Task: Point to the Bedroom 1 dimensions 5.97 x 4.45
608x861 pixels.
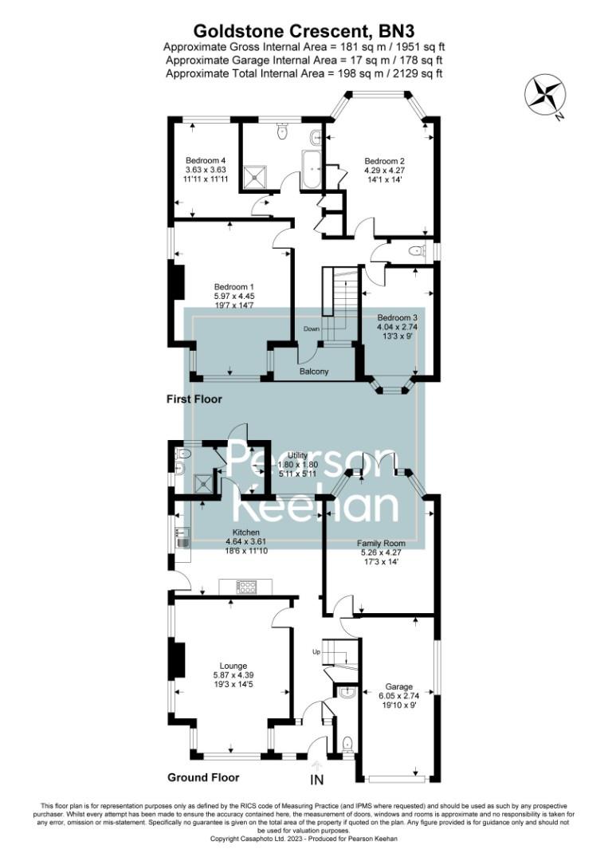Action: click(233, 296)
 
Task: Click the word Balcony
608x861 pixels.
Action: click(315, 372)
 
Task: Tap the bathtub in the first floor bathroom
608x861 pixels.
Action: click(311, 168)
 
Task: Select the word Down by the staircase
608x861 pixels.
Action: click(311, 329)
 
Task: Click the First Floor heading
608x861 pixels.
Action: click(194, 399)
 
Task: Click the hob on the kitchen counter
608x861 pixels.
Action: click(246, 588)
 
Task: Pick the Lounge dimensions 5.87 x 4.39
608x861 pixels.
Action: click(233, 675)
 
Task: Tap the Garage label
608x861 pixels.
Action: click(399, 686)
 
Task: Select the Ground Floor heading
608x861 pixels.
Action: click(202, 776)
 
